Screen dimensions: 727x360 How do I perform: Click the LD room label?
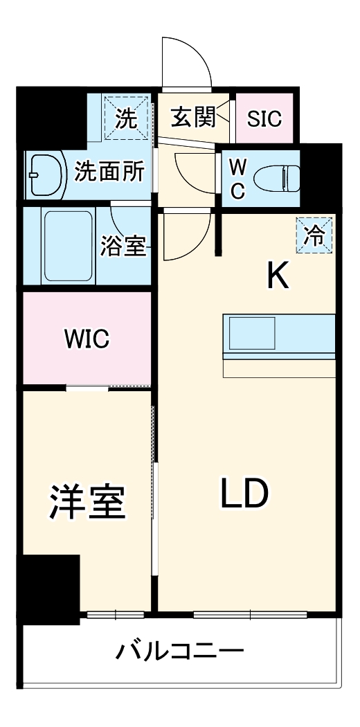point(244,492)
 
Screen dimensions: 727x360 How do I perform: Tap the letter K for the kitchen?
point(278,278)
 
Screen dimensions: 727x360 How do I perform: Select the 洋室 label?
point(87,503)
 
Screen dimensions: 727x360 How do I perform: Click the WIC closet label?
point(87,339)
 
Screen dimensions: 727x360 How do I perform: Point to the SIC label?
point(265,119)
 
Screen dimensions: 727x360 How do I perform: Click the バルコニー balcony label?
point(180,652)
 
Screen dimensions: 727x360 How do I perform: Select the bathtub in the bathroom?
point(68,246)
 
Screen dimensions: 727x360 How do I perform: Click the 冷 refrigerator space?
point(314,235)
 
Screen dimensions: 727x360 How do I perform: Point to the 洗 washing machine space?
point(126,118)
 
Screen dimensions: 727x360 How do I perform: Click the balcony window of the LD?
point(249,613)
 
